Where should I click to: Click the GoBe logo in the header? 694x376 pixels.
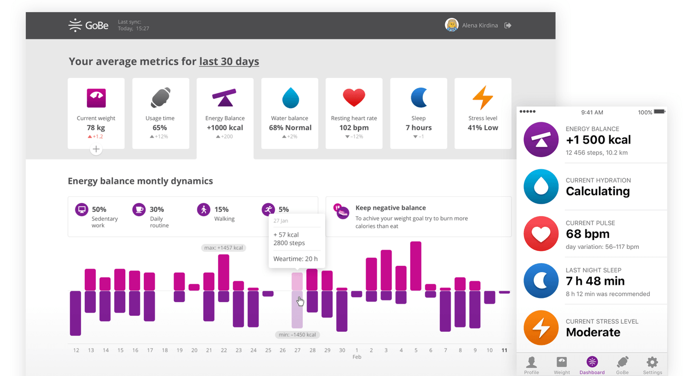(x=88, y=25)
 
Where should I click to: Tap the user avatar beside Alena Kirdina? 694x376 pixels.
(x=451, y=25)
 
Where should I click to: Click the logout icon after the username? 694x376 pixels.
(x=508, y=25)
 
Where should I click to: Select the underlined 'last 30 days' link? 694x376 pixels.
(x=229, y=61)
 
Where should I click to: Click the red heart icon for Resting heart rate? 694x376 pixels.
(x=354, y=98)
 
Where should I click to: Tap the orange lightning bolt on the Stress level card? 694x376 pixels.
(x=482, y=98)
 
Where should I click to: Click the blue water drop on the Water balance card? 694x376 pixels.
(x=290, y=98)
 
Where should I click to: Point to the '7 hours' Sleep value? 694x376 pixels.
(x=418, y=128)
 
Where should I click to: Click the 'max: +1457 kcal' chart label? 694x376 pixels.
(x=223, y=247)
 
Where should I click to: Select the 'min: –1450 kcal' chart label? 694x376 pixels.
(x=297, y=335)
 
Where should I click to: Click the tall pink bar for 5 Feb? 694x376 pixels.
(x=415, y=266)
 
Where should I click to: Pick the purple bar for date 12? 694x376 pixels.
(x=75, y=313)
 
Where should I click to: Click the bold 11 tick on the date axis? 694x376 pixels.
(x=504, y=350)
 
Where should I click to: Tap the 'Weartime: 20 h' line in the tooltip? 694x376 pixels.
(x=295, y=259)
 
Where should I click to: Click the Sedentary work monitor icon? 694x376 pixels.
(x=82, y=210)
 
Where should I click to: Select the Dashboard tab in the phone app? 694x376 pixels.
(x=592, y=365)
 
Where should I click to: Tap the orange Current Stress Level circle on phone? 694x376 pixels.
(x=541, y=327)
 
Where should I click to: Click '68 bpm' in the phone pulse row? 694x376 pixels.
(x=588, y=234)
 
